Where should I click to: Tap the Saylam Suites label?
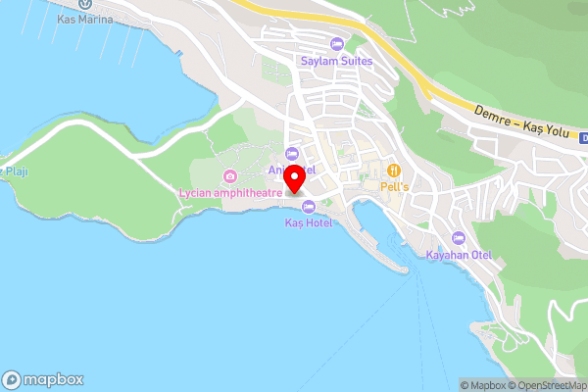tap(336, 60)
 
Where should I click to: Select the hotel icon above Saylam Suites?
tap(336, 44)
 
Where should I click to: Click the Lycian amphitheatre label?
tap(229, 192)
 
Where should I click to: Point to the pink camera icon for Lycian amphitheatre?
tap(229, 176)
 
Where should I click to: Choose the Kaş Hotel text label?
tap(309, 222)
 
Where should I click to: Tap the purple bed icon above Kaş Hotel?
tap(309, 206)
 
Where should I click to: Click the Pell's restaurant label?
tap(395, 185)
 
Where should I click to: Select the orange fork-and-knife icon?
tap(395, 169)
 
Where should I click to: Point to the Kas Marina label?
tap(85, 20)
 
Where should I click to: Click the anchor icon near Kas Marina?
tap(85, 4)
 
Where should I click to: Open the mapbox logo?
tap(43, 380)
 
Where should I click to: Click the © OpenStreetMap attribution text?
tap(545, 385)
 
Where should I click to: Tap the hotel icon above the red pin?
tap(291, 153)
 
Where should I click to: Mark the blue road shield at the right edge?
tap(583, 138)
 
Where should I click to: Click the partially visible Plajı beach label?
tap(14, 171)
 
